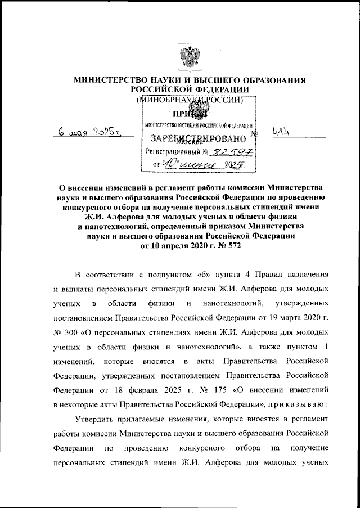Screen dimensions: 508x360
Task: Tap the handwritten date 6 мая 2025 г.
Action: click(x=91, y=133)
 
